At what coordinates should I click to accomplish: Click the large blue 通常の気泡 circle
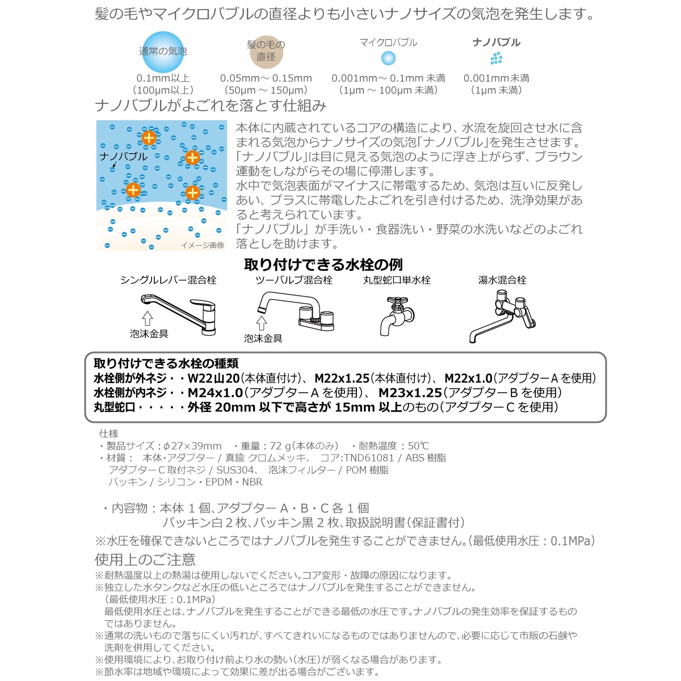[x=163, y=52]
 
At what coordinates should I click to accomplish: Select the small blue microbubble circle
[x=388, y=58]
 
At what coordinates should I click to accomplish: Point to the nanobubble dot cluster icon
[x=496, y=58]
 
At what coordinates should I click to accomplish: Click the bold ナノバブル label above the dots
[x=496, y=42]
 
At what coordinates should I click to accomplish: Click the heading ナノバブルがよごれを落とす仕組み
[x=211, y=106]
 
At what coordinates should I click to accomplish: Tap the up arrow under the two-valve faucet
[x=262, y=323]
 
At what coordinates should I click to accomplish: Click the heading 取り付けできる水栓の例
[x=323, y=264]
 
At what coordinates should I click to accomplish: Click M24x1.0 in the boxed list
[x=215, y=393]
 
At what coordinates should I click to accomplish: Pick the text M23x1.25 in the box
[x=410, y=393]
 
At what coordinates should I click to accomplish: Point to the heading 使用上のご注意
[x=145, y=560]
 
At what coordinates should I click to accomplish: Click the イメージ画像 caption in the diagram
[x=203, y=245]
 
